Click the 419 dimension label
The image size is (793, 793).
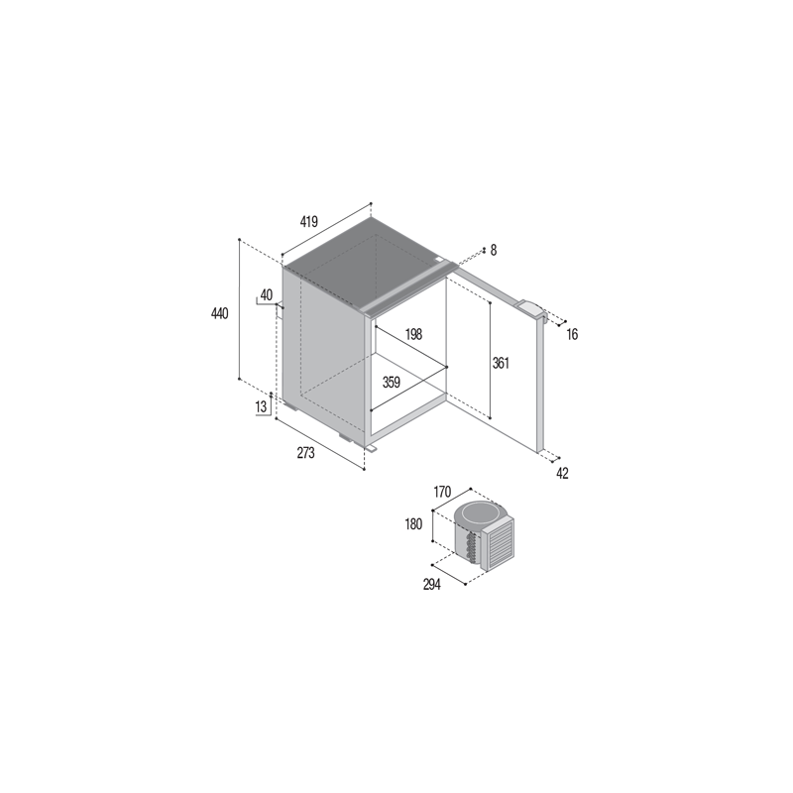coord(308,221)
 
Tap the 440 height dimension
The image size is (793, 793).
coord(219,313)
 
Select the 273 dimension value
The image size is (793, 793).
coord(305,453)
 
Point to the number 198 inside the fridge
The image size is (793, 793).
coord(413,334)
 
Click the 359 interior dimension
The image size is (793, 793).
coord(391,383)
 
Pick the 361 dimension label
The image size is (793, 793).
coord(501,363)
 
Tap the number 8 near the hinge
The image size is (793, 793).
coord(494,250)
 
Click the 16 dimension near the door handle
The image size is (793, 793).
coord(572,334)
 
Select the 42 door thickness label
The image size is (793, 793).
coord(562,474)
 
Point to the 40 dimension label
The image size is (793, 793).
coord(266,294)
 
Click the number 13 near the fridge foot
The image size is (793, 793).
coord(261,406)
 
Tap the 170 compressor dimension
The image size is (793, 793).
coord(441,491)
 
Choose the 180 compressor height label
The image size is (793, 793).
coord(413,524)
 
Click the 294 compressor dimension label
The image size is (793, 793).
coord(432,584)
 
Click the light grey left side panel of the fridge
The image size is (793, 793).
coord(324,354)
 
